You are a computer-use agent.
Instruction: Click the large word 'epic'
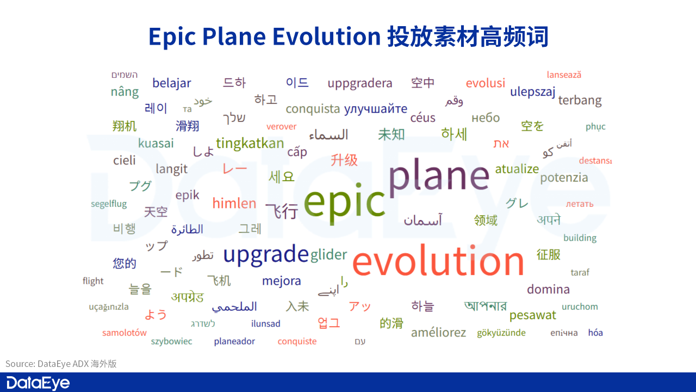(x=344, y=202)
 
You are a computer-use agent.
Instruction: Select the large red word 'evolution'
(x=438, y=261)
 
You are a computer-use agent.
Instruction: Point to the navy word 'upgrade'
(x=266, y=254)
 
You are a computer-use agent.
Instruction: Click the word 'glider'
(x=328, y=255)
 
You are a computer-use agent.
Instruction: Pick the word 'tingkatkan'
(x=250, y=143)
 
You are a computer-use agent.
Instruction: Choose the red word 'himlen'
(x=234, y=203)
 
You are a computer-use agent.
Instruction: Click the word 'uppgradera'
(x=359, y=83)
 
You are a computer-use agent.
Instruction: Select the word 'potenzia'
(x=564, y=177)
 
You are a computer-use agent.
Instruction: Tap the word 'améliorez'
(x=438, y=333)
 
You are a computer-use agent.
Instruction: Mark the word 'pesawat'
(x=532, y=315)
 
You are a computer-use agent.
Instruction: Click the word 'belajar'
(x=171, y=83)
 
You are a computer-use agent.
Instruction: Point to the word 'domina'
(x=548, y=289)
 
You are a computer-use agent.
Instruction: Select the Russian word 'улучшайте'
(x=375, y=109)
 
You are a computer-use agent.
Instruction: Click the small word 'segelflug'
(x=109, y=204)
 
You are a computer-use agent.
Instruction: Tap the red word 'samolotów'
(x=125, y=333)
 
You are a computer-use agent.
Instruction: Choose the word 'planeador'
(x=234, y=341)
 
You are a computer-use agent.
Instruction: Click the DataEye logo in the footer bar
(x=38, y=383)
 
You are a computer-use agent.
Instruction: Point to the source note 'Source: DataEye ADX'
(x=61, y=364)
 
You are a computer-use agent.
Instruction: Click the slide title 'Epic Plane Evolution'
(x=264, y=37)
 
